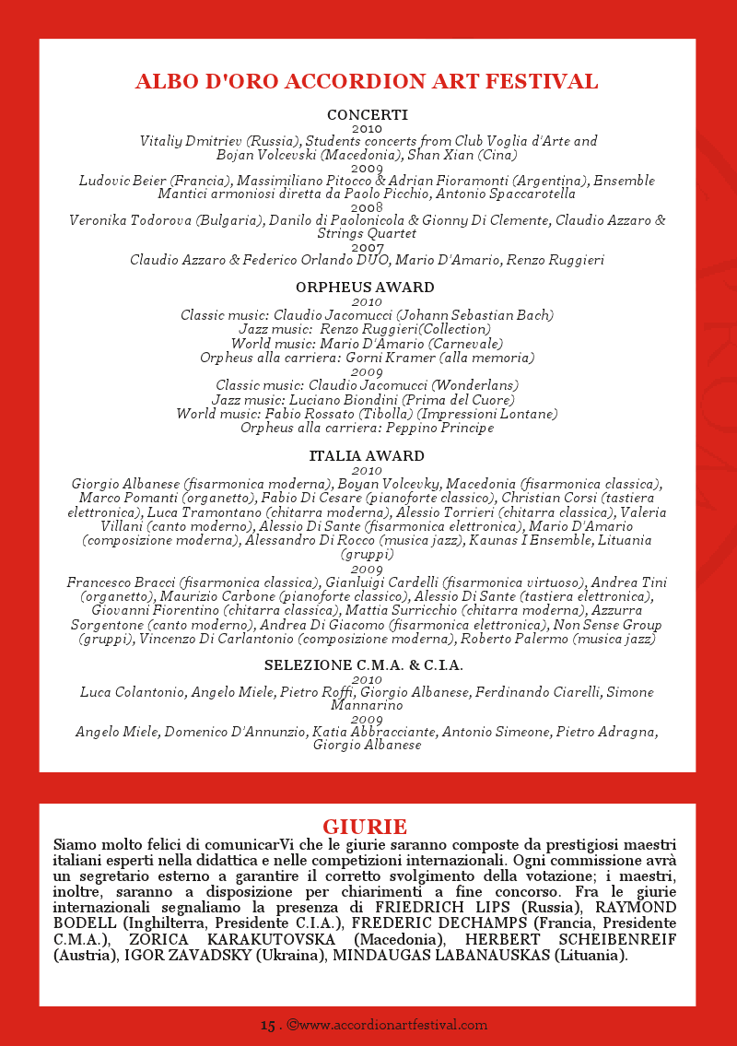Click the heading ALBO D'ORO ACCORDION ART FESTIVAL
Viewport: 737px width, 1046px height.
coord(367,81)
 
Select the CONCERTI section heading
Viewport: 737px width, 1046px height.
coord(367,115)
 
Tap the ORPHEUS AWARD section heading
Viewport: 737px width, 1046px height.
coord(367,288)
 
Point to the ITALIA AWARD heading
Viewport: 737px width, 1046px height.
coord(367,456)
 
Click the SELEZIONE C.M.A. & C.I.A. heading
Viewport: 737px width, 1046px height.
coord(364,665)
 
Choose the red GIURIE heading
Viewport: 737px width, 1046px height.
coord(365,826)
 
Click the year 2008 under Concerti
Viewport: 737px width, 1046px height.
coord(367,208)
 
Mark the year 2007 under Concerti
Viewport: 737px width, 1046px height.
coord(367,248)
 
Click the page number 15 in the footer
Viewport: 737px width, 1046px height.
coord(267,1025)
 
